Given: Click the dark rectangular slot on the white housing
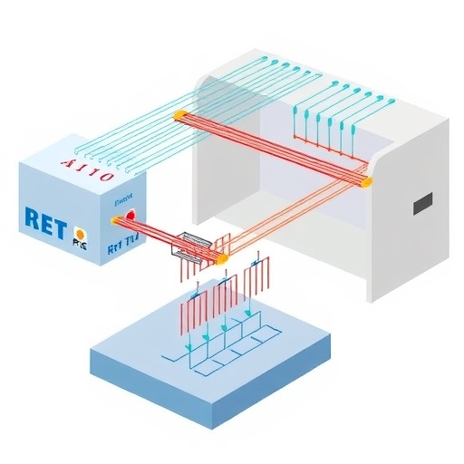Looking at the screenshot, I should [x=423, y=206].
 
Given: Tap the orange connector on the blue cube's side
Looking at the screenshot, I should [x=115, y=220].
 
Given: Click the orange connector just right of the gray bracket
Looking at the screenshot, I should [x=219, y=258].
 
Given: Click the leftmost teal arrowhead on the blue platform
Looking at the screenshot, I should [x=188, y=347].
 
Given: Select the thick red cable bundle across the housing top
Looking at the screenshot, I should [x=272, y=145].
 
